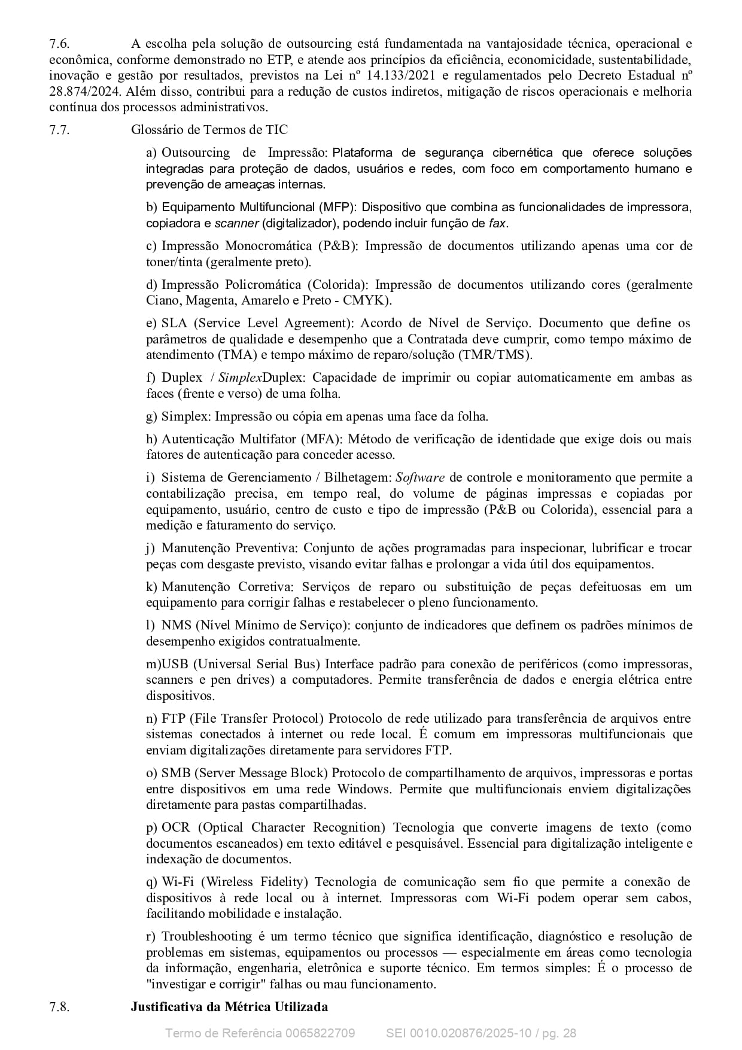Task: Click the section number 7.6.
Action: click(59, 44)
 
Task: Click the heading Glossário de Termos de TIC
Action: click(209, 130)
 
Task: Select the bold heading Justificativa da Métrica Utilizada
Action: click(229, 1006)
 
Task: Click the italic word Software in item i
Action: click(420, 477)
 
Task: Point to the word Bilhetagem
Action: click(357, 477)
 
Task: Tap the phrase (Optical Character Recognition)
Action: click(291, 827)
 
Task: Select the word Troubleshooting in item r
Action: click(207, 936)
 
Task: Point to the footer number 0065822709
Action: click(320, 1033)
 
